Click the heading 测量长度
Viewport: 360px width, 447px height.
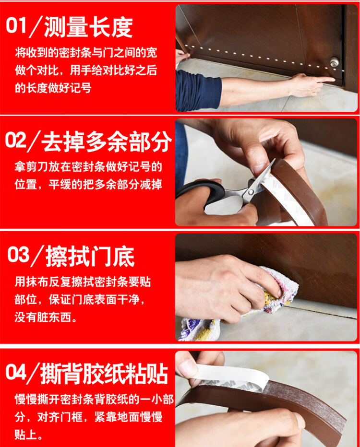click(88, 27)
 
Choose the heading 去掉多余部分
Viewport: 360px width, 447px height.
click(107, 141)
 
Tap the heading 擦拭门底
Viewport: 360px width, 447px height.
click(90, 256)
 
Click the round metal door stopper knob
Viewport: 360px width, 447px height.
click(335, 62)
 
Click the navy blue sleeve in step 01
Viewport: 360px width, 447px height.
click(198, 90)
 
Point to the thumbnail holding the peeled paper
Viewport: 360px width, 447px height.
click(186, 367)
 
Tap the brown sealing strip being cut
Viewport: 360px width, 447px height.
click(297, 194)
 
